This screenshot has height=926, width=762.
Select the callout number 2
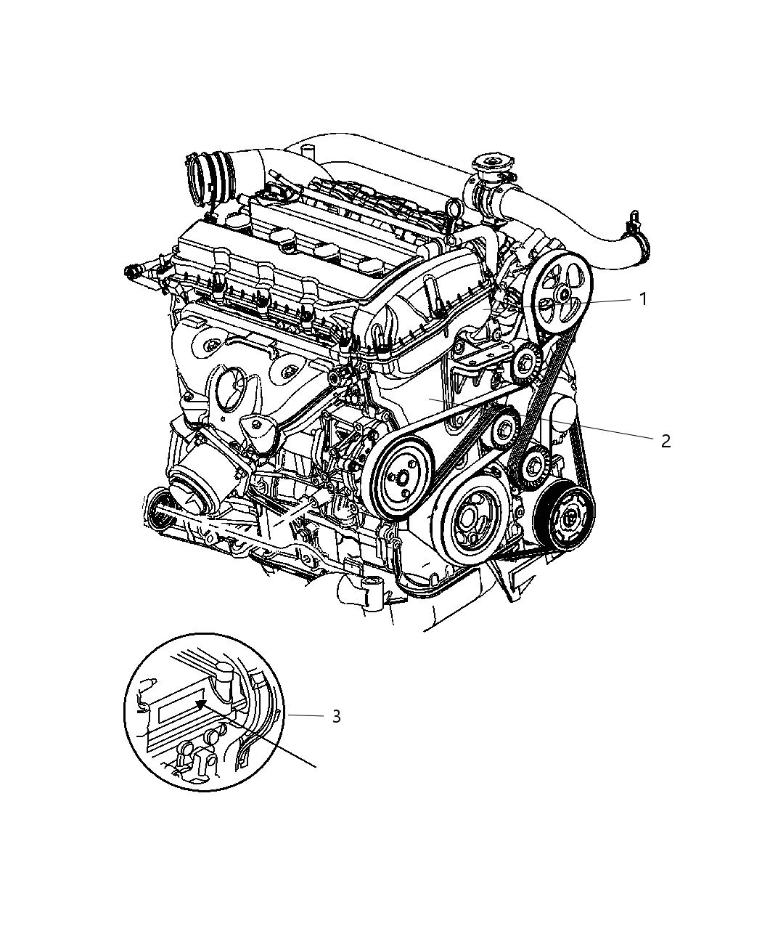click(665, 440)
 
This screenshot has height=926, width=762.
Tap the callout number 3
click(335, 716)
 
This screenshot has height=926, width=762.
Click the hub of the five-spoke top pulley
click(562, 293)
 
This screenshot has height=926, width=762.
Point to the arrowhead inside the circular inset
click(202, 702)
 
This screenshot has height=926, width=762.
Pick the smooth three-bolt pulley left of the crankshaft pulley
click(399, 477)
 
